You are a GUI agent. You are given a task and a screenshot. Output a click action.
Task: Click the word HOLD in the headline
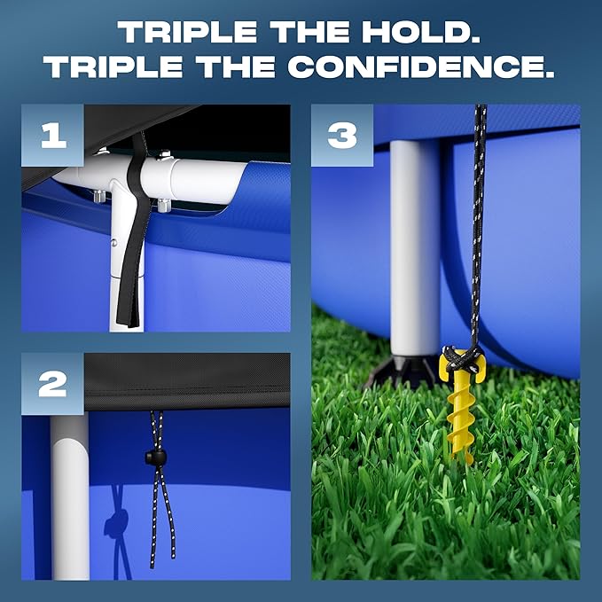pos(421,32)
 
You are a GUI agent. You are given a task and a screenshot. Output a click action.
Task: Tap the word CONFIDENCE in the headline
pos(420,66)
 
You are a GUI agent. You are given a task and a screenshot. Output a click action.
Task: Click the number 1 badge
pos(52,135)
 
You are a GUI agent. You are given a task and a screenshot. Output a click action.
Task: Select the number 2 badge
pos(52,384)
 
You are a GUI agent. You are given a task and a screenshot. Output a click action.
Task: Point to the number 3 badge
pos(342,135)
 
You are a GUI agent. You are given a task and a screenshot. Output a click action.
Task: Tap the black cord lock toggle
pos(155,457)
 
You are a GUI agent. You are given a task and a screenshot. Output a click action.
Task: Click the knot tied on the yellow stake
pos(463,359)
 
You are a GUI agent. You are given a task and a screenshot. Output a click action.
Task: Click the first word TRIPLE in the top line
pos(187,32)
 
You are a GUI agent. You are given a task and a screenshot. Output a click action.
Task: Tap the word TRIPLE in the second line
pos(113,66)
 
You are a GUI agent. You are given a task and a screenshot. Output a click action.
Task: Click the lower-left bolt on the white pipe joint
pos(99,196)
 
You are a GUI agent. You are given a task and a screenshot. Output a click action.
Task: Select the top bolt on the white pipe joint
pos(164,155)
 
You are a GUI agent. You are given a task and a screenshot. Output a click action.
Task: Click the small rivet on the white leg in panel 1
pos(113,243)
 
